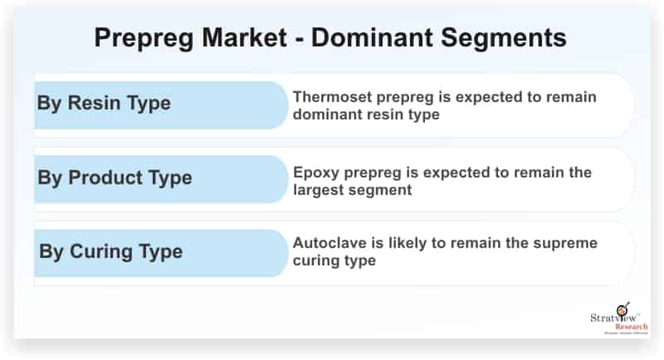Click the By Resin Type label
pyautogui.click(x=104, y=104)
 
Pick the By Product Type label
pyautogui.click(x=115, y=178)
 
